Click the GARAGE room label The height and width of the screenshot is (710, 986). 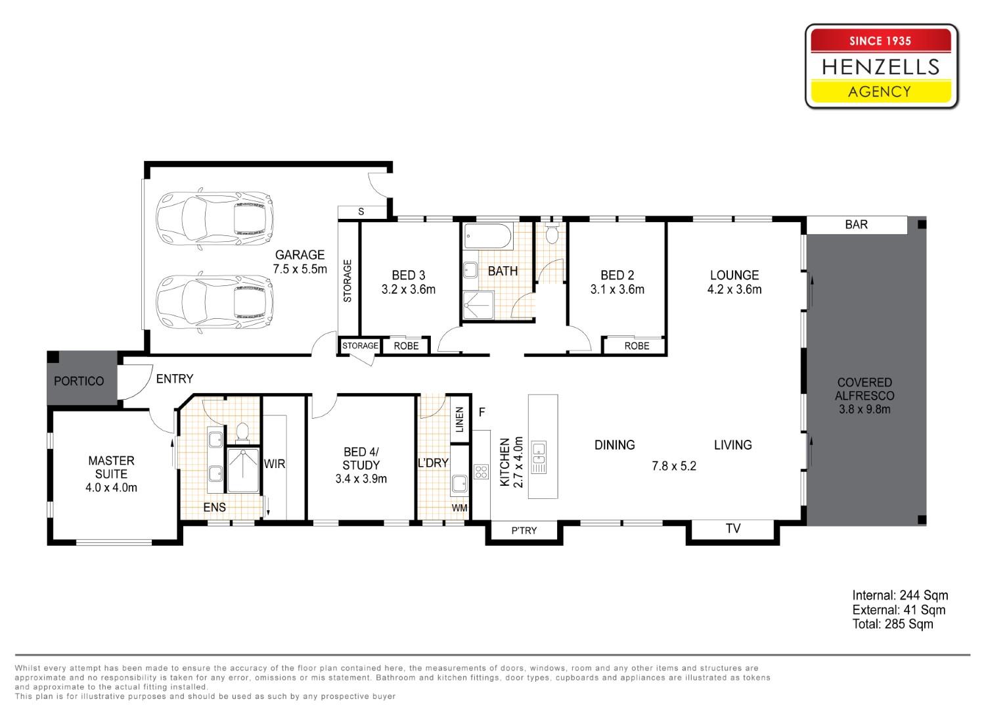coord(300,254)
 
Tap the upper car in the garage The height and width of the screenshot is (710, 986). coord(214,218)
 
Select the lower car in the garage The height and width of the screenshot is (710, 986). coord(214,302)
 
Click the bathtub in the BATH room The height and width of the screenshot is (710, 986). coord(487,236)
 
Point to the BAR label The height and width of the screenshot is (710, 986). coord(856,225)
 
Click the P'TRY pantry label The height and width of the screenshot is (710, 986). coord(524,531)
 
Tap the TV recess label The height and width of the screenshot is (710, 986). coord(733,529)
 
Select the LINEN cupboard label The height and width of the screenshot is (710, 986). coord(460,419)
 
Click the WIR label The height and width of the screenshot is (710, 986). coord(275,463)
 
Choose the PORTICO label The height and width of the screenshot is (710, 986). coord(79,381)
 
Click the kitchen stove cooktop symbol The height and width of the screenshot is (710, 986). coord(481,472)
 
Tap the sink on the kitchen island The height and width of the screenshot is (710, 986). coord(539,457)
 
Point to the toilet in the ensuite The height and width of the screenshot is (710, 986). coord(242,432)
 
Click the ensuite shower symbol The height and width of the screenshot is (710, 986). coord(243,470)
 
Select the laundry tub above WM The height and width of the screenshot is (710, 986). coord(460,484)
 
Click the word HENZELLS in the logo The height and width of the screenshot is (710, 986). coord(880,67)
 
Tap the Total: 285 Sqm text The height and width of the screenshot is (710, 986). coord(893,624)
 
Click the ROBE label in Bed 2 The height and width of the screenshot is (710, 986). coord(637,346)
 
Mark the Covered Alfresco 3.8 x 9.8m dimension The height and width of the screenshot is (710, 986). coord(864,409)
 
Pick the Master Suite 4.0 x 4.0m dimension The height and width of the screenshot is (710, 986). coord(112,488)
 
